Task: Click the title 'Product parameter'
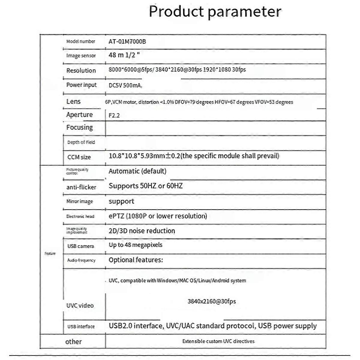[x=215, y=11]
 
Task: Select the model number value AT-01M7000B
[x=127, y=41]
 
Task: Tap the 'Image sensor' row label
[x=81, y=55]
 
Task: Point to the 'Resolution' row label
[x=81, y=70]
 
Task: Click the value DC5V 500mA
[x=125, y=85]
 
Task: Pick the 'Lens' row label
[x=73, y=101]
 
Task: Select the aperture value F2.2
[x=114, y=115]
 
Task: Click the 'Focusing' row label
[x=79, y=127]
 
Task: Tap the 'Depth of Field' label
[x=81, y=142]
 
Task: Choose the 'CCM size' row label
[x=79, y=157]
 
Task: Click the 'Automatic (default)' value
[x=137, y=171]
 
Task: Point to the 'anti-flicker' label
[x=81, y=187]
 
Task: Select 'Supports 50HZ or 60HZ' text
[x=146, y=186]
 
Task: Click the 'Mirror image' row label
[x=79, y=201]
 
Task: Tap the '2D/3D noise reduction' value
[x=142, y=231]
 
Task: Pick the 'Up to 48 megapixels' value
[x=135, y=245]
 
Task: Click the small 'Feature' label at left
[x=50, y=253]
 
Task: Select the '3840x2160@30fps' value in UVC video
[x=211, y=301]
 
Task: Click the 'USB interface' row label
[x=81, y=326]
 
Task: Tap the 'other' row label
[x=73, y=341]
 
